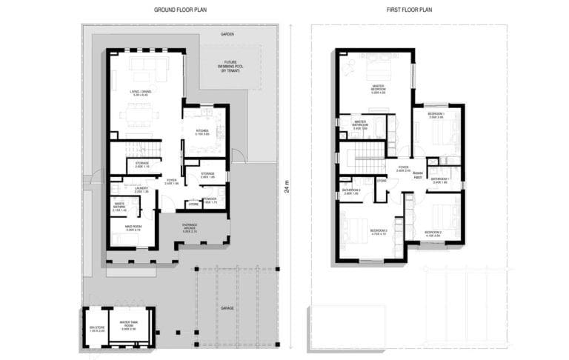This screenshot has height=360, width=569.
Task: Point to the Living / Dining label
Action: pyautogui.click(x=139, y=93)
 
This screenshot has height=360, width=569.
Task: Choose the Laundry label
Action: pyautogui.click(x=142, y=190)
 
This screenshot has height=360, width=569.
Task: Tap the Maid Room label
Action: pyautogui.click(x=133, y=228)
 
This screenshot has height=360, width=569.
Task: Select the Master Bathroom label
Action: pyautogui.click(x=361, y=124)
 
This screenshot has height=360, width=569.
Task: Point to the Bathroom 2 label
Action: pyautogui.click(x=351, y=191)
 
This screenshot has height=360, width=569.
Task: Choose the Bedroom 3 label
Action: pyautogui.click(x=378, y=232)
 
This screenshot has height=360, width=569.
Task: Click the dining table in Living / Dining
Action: pyautogui.click(x=140, y=116)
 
